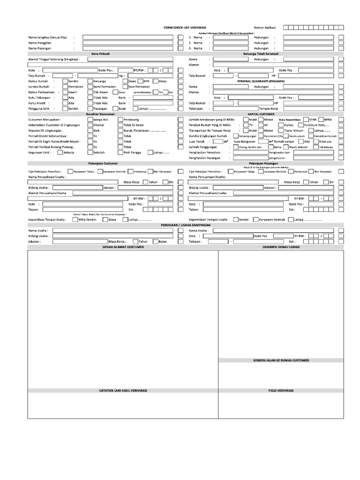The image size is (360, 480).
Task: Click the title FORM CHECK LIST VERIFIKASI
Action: pyautogui.click(x=185, y=28)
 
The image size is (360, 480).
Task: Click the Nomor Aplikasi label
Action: pyautogui.click(x=265, y=28)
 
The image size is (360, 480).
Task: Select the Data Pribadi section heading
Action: pyautogui.click(x=100, y=54)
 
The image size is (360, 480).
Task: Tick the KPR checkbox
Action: pyautogui.click(x=140, y=81)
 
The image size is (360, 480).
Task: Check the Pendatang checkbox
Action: pyautogui.click(x=120, y=120)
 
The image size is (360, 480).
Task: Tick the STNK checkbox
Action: pyautogui.click(x=305, y=120)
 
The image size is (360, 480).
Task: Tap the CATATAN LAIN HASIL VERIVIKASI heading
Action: pyautogui.click(x=123, y=390)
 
